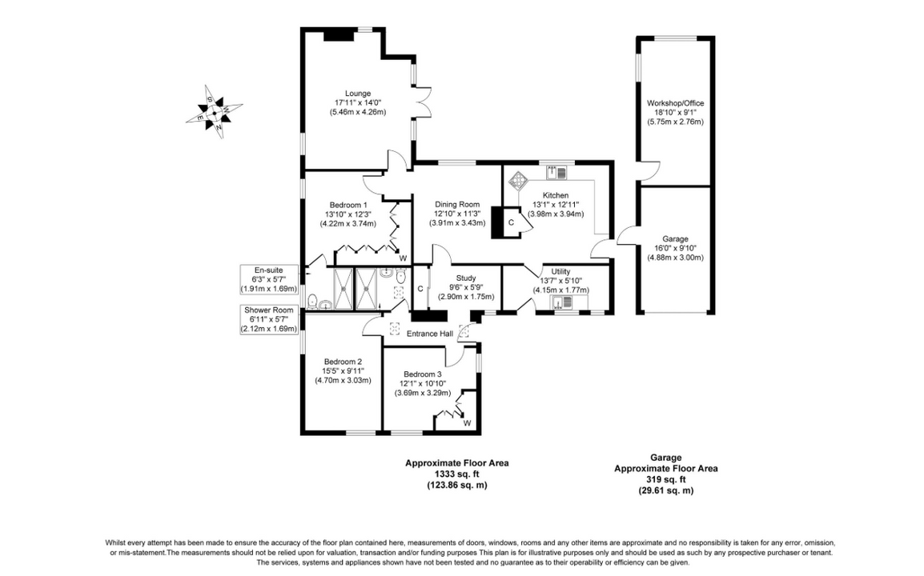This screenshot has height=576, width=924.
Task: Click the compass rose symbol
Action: pos(215,112)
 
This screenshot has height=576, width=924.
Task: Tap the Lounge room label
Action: pos(358,93)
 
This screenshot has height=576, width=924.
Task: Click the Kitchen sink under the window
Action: pos(556,173)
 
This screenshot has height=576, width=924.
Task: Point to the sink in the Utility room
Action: pos(561,302)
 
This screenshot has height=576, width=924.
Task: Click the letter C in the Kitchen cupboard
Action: pos(511,222)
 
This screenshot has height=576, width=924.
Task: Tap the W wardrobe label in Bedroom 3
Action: pos(467,423)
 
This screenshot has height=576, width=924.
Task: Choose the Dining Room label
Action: pos(457,204)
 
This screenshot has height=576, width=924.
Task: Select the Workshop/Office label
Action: pos(675,103)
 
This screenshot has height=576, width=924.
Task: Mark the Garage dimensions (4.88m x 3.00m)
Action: pos(675,258)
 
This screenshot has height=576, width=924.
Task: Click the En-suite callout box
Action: pos(269,279)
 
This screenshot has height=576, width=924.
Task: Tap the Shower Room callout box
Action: pos(269,319)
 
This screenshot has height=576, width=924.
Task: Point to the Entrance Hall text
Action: pos(430,334)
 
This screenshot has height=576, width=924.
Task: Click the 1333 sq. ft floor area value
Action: pos(456,474)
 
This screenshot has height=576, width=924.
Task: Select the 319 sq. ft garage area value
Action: pos(666,479)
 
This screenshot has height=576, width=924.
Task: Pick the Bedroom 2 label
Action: pos(343,362)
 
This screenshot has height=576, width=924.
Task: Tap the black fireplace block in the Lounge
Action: pos(338,35)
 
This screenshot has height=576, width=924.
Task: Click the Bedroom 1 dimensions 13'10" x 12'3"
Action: pos(346,214)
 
